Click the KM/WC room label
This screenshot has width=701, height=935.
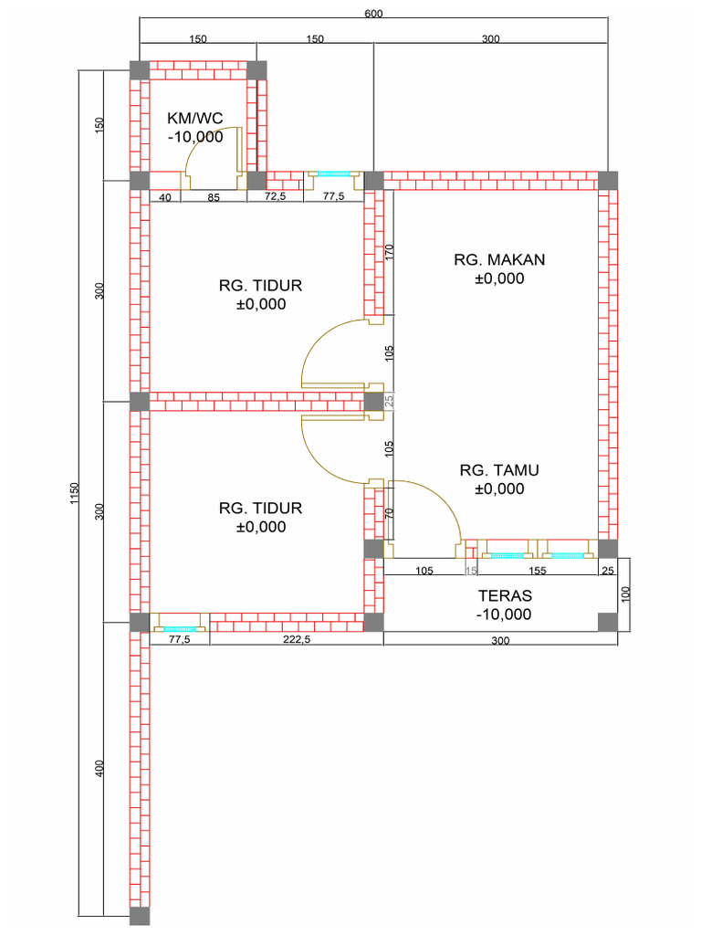click(x=195, y=118)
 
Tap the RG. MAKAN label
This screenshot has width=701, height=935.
click(x=499, y=259)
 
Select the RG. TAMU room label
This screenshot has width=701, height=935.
click(x=499, y=470)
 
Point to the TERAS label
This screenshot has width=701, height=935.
click(x=505, y=595)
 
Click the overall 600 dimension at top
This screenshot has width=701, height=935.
click(x=373, y=13)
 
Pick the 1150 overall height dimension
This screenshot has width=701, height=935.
click(x=74, y=493)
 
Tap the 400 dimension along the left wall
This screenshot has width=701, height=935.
click(x=99, y=768)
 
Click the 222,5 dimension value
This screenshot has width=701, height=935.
click(x=297, y=639)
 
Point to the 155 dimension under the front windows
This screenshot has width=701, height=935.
click(x=537, y=571)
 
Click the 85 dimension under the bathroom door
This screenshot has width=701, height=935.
click(x=214, y=198)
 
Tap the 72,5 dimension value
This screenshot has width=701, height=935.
click(x=275, y=196)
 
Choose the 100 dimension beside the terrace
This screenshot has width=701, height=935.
click(x=624, y=594)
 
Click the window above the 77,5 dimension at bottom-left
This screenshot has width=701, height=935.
click(x=180, y=628)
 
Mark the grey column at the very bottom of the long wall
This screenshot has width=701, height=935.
click(x=140, y=916)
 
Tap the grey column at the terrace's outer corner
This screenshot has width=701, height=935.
click(x=608, y=622)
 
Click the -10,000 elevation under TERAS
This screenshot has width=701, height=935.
click(x=504, y=615)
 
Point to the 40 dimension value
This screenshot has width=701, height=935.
click(x=165, y=198)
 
